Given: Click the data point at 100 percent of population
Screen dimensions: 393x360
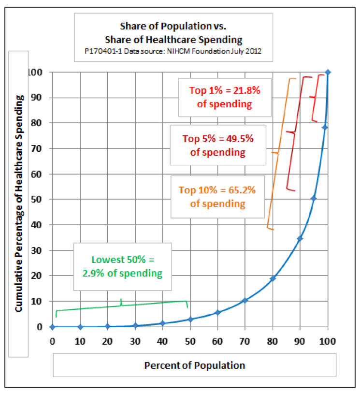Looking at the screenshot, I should pos(328,72).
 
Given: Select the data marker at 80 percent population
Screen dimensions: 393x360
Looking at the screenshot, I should pos(273,278).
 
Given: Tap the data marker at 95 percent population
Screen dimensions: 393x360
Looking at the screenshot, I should pos(314,198).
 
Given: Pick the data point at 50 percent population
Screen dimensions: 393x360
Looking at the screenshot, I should pos(190,319).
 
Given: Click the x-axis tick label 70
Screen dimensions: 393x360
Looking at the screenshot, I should pos(245,340).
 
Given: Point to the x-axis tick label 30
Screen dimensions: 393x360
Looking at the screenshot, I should pos(135,340).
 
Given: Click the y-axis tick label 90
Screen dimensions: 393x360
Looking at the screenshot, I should pos(38,98).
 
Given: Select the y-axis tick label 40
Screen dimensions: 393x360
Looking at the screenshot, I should pos(38,225).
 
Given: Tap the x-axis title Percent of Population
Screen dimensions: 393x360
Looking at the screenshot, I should pos(194,365).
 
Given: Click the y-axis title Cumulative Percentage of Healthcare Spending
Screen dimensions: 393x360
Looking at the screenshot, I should pos(20,203).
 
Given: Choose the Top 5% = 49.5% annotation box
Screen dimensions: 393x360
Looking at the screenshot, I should pos(217,145).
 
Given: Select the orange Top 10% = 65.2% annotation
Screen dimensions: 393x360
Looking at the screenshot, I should pos(217,196).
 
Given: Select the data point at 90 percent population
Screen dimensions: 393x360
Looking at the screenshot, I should pos(300,238).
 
